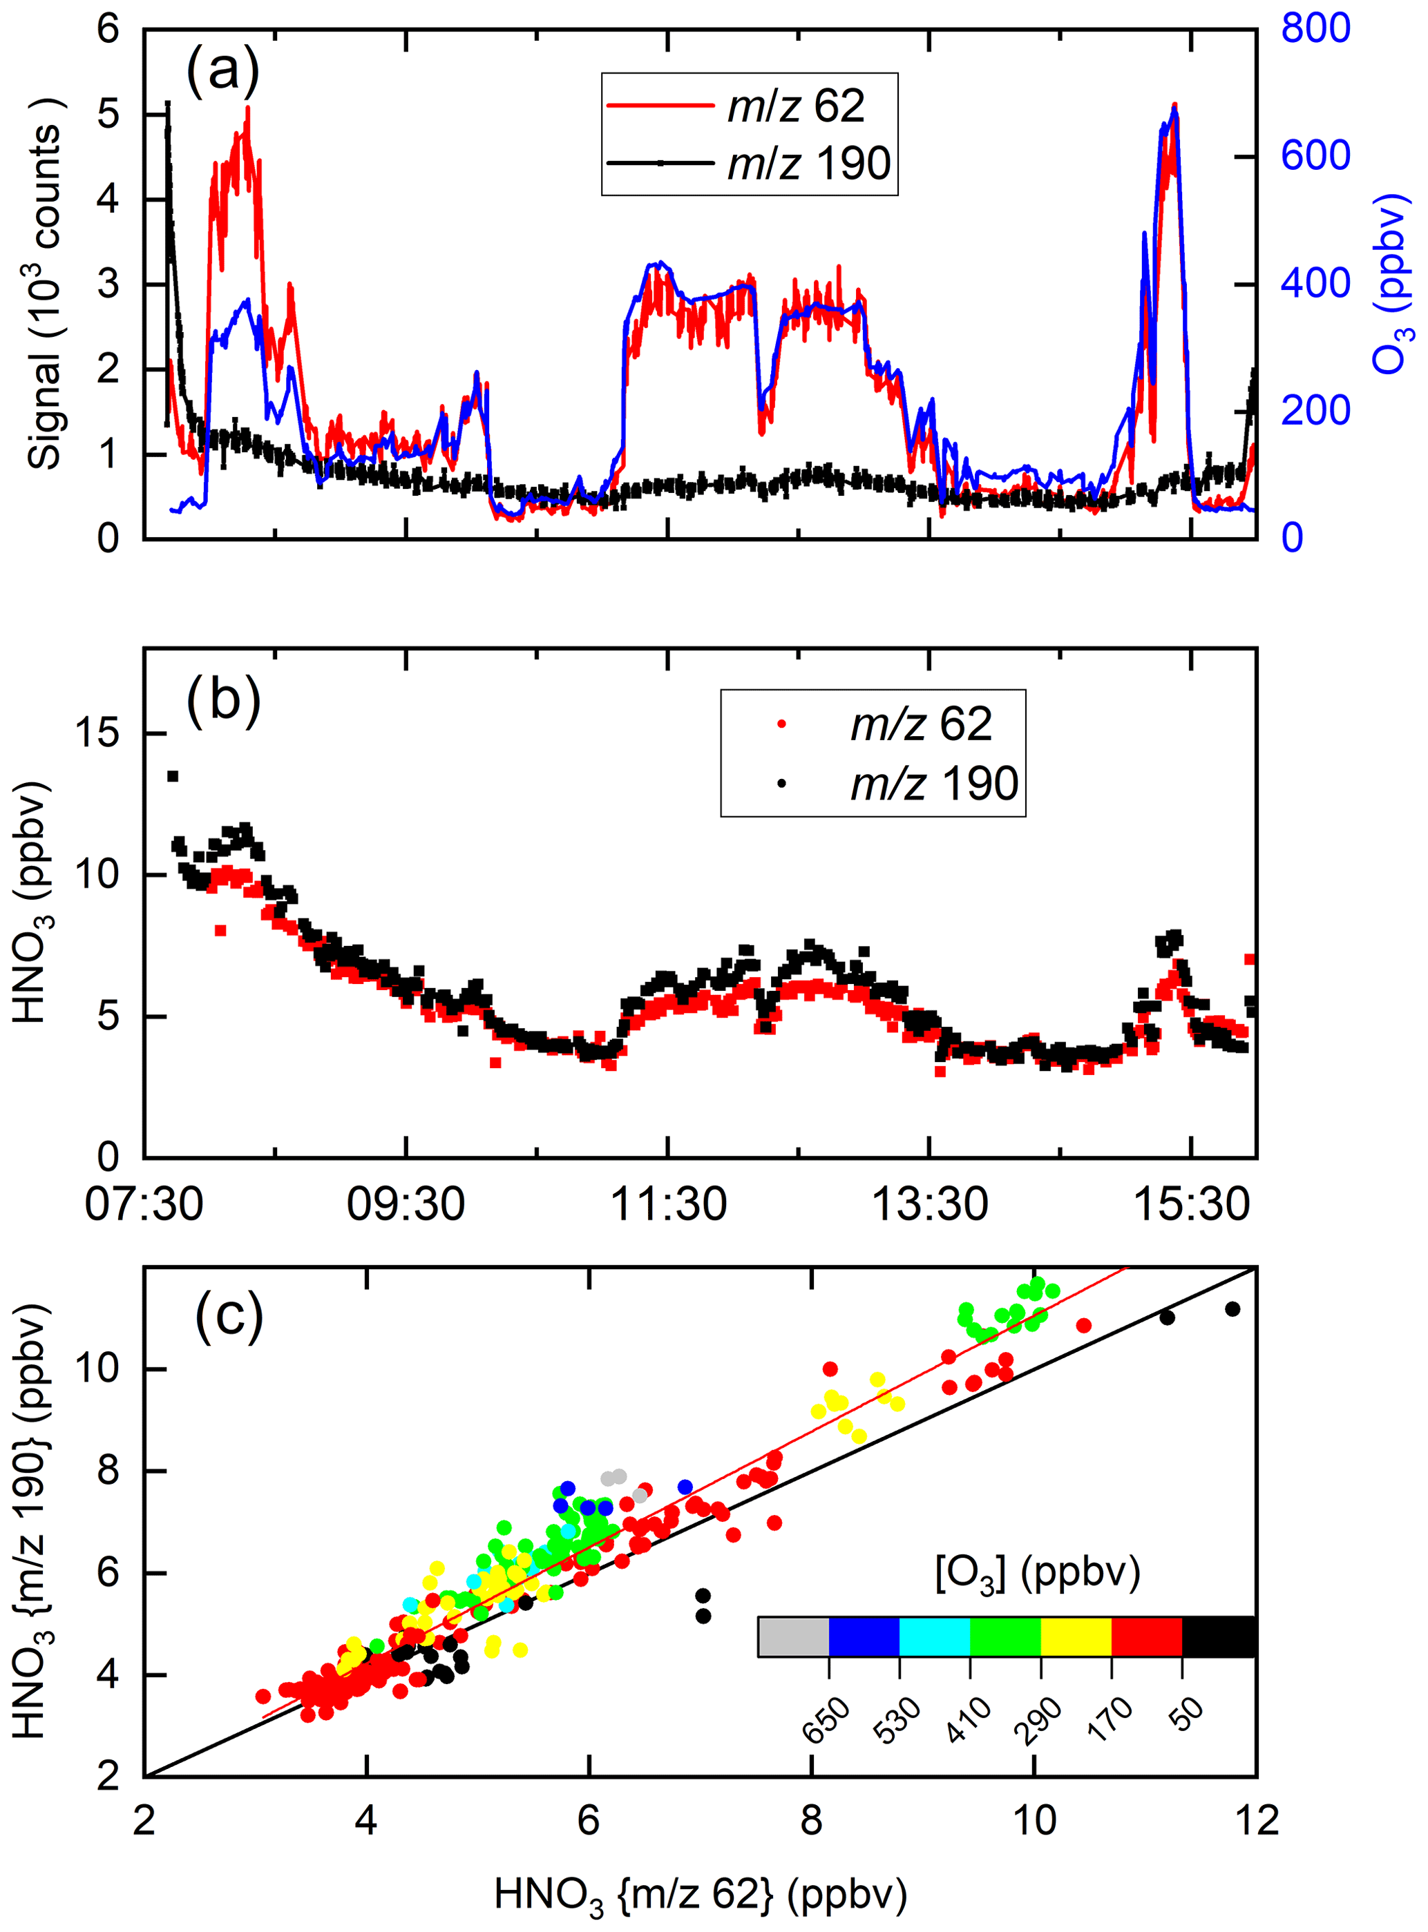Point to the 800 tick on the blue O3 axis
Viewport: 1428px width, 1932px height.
coord(1315,28)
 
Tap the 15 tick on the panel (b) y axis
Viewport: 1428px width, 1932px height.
coord(97,733)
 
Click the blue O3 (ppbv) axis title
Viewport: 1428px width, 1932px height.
coord(1391,284)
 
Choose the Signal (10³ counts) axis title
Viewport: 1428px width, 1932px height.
coord(46,284)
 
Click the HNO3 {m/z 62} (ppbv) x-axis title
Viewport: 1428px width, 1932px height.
coord(700,1895)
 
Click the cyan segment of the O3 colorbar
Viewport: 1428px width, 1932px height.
coord(935,1637)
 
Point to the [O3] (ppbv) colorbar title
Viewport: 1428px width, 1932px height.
coord(1037,1574)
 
